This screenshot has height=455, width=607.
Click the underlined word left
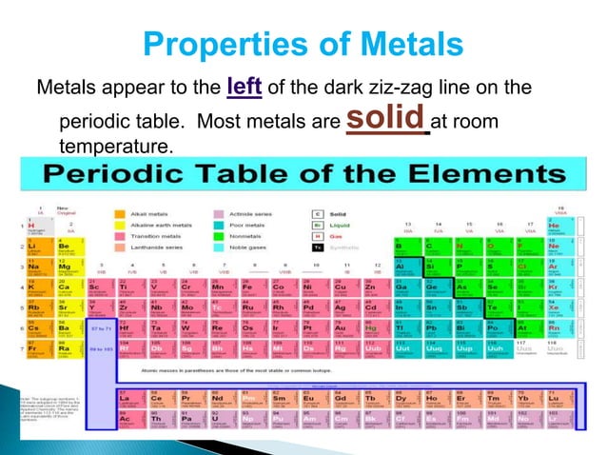point(246,88)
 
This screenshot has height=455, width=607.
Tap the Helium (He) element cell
point(561,227)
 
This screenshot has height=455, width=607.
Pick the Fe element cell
point(250,287)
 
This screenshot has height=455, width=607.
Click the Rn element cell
point(561,328)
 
